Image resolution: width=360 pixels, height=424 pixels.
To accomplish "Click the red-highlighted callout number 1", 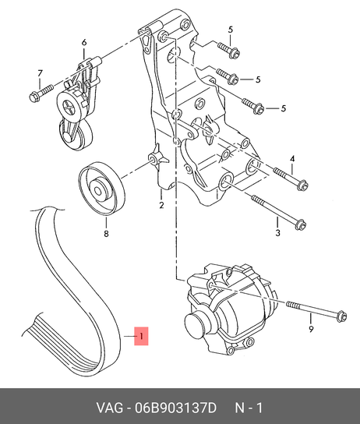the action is (x=141, y=336).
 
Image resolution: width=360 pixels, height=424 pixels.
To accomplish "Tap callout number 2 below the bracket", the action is (x=161, y=205).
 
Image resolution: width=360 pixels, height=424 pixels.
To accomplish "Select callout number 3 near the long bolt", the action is (x=278, y=232).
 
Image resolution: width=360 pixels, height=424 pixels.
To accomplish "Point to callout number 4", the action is (x=292, y=159).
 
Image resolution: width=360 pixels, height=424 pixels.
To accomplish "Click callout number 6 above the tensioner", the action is (x=84, y=42).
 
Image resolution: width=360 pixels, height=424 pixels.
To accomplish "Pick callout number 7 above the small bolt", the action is (x=40, y=73).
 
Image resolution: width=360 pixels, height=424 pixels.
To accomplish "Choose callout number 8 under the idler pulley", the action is (x=106, y=233).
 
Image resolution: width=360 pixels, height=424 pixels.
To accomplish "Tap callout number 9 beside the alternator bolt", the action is (x=311, y=329).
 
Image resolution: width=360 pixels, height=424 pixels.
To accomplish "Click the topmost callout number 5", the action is (x=231, y=30).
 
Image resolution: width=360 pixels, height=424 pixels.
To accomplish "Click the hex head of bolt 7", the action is (x=34, y=97).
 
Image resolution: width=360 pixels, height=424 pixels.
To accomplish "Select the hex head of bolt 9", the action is (x=341, y=316).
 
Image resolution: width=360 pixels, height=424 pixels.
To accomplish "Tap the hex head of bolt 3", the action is (x=301, y=224).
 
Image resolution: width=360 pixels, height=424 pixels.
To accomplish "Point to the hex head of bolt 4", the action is (x=302, y=186).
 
